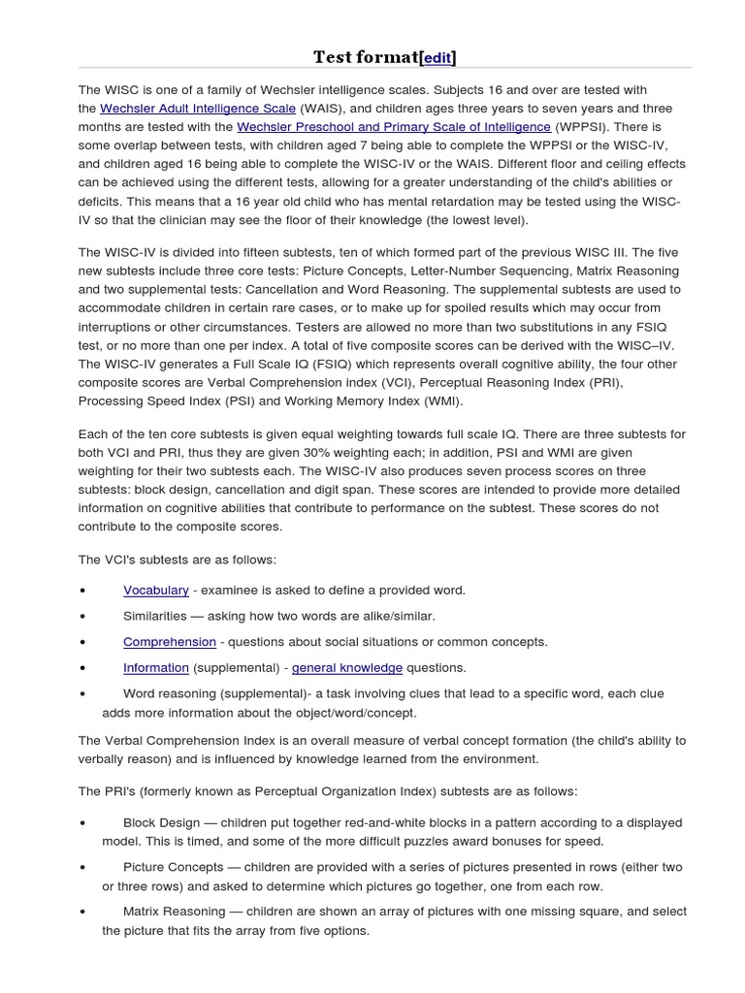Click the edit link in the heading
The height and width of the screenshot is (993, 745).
[437, 57]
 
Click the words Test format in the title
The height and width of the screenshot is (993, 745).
[365, 57]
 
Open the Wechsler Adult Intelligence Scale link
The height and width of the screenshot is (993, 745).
[198, 109]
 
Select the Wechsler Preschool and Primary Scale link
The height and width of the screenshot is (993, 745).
[395, 127]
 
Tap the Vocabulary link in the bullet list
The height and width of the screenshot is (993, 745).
[155, 590]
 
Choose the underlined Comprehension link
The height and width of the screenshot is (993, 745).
[169, 642]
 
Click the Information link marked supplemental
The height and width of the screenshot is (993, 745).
[155, 667]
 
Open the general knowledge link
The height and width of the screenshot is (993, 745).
[346, 667]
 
